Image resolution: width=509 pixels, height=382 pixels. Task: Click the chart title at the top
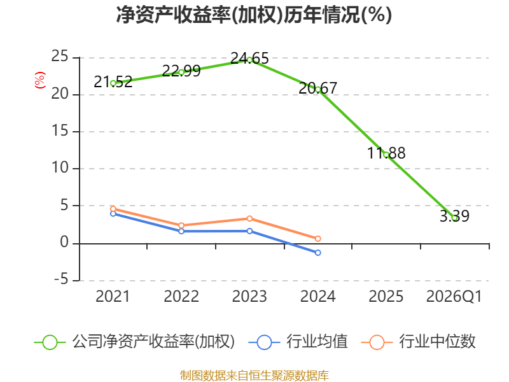point(254,15)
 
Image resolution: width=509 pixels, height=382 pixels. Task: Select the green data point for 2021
point(113,83)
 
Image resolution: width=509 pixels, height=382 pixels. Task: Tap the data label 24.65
point(249,59)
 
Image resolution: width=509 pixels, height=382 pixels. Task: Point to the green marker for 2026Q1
point(455,218)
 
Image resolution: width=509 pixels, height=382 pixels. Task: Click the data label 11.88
point(386,153)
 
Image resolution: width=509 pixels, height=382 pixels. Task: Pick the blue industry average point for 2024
point(317,252)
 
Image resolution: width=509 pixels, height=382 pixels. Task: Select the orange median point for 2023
point(249,218)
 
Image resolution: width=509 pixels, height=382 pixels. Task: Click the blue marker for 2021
point(113,213)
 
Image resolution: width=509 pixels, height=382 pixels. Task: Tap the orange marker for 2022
point(181,225)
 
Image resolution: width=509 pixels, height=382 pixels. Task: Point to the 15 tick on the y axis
point(60,131)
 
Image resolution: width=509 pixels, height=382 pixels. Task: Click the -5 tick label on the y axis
point(61,279)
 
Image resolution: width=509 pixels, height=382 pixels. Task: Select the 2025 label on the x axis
point(386,297)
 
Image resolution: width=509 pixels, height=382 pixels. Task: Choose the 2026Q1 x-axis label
point(454,297)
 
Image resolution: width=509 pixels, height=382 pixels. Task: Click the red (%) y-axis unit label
point(40,80)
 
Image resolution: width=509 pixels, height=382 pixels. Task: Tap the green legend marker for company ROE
point(50,343)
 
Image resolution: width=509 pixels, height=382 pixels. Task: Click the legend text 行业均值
point(317,342)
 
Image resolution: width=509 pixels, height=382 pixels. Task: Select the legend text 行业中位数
point(437,342)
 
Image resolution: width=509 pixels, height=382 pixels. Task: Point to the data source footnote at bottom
point(254,376)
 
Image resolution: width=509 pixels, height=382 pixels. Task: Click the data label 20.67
point(318,88)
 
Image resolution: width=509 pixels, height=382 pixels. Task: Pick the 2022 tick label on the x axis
point(181,297)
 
